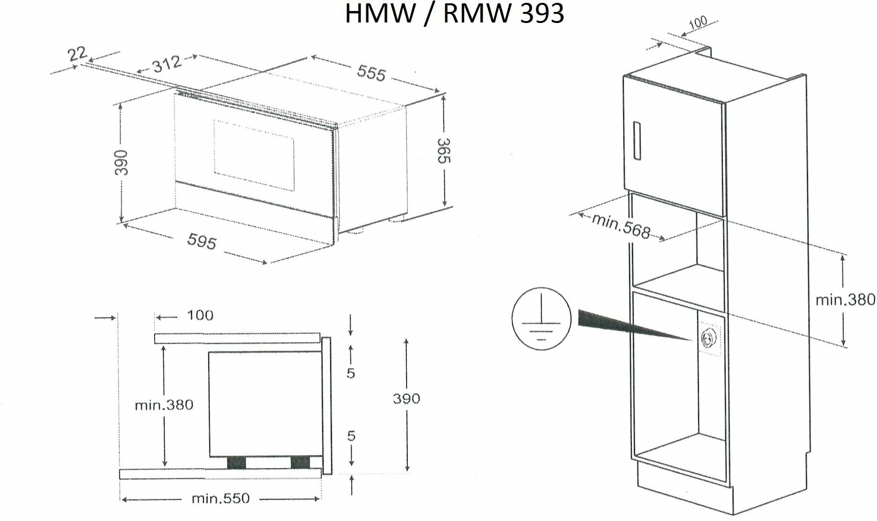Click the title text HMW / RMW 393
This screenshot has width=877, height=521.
[x=454, y=14]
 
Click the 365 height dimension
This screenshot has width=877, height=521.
[x=444, y=150]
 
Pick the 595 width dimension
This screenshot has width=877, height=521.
[x=202, y=242]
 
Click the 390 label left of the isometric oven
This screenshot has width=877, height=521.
[x=121, y=163]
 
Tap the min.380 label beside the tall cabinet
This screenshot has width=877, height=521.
[x=845, y=300]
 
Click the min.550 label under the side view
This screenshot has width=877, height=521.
[x=220, y=499]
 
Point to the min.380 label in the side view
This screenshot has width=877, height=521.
[x=164, y=405]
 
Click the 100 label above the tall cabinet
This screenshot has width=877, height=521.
[x=697, y=23]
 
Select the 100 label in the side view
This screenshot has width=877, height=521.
[x=200, y=315]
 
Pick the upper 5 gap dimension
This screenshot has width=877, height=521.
[x=351, y=373]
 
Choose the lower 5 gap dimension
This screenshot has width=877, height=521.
[x=351, y=436]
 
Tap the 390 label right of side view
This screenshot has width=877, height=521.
[x=406, y=399]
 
